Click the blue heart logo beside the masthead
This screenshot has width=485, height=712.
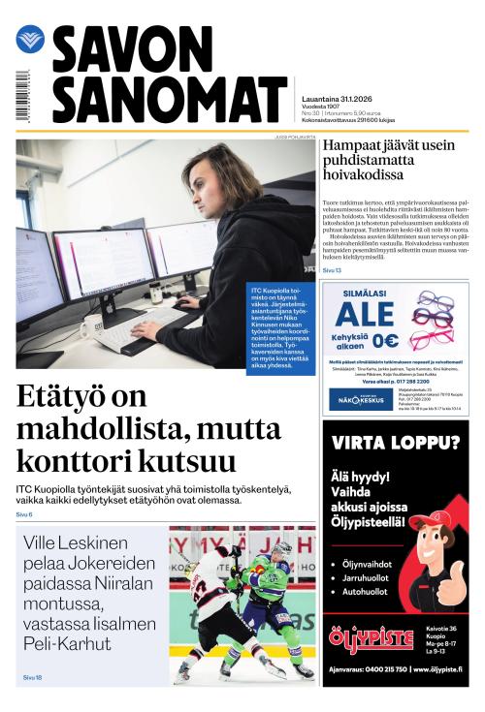30,40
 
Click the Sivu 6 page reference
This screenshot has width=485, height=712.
24,514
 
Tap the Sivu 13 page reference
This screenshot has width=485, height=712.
333,269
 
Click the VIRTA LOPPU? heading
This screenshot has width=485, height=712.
395,444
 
